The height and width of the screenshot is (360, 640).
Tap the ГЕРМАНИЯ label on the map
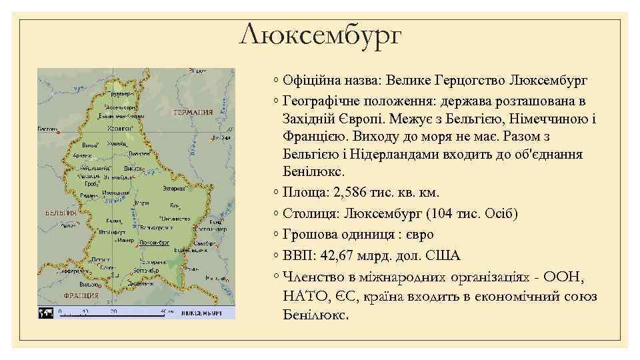pyautogui.click(x=193, y=113)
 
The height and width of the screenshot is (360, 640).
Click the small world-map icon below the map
pyautogui.click(x=46, y=311)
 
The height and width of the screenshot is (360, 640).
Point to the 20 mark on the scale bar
pyautogui.click(x=113, y=311)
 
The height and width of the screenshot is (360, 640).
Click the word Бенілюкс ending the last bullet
pyautogui.click(x=315, y=314)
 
